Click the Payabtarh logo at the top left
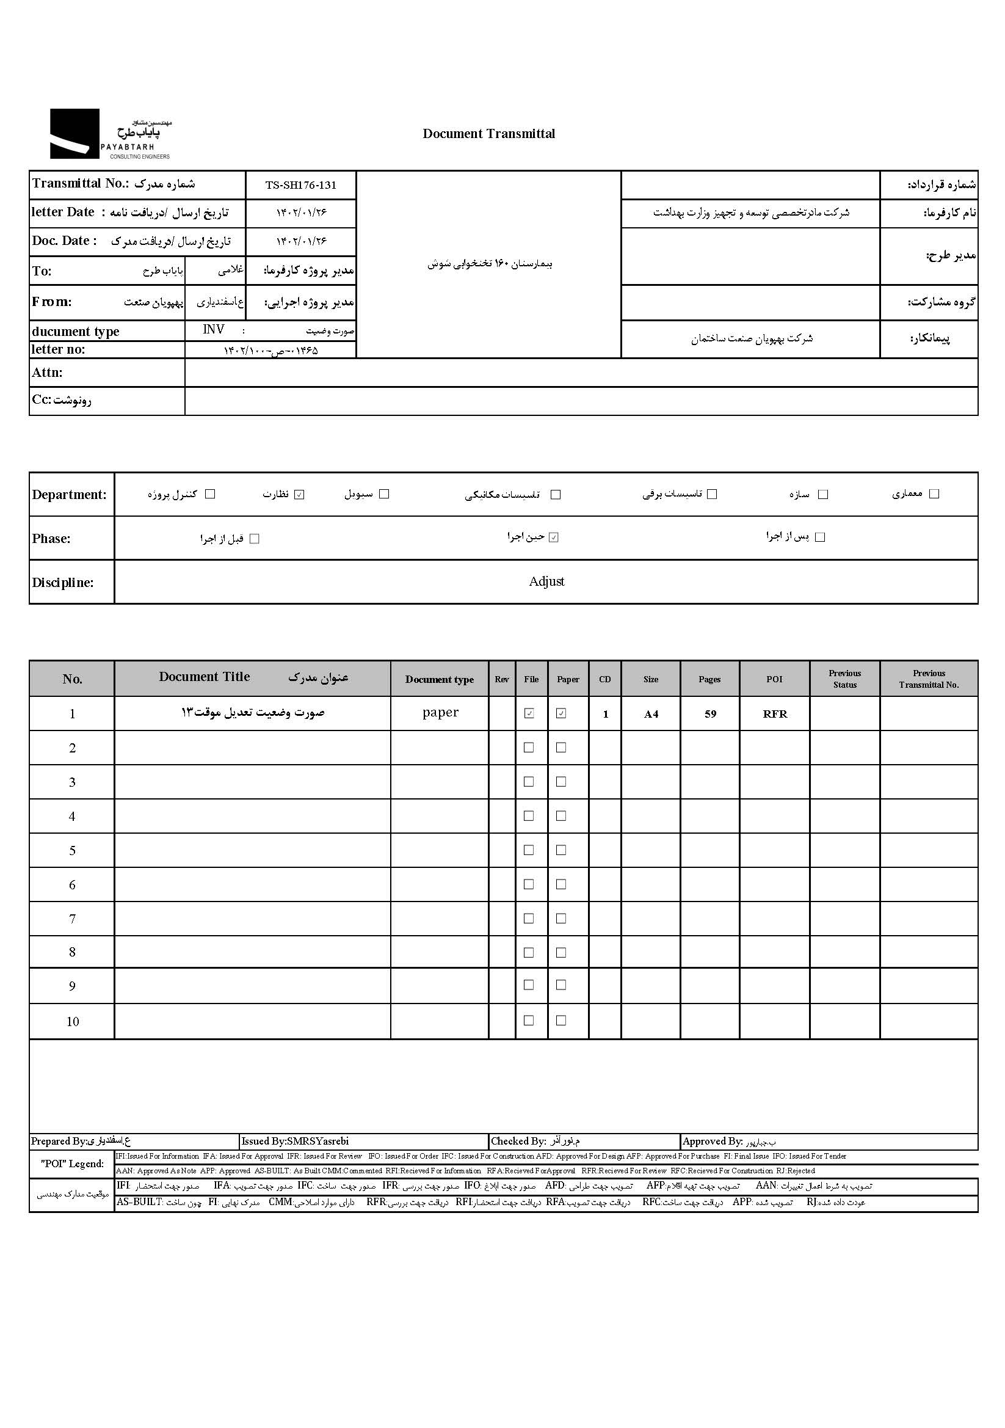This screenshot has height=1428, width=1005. (109, 134)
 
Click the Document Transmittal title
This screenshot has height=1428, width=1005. (488, 134)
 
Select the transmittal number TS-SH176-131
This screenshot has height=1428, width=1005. (300, 185)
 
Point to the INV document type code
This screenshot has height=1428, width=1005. (213, 330)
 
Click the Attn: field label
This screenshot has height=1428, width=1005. (47, 373)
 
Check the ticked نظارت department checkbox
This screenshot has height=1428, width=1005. (299, 495)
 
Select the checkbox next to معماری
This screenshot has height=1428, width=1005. (934, 494)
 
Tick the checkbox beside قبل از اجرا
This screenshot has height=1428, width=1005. (254, 539)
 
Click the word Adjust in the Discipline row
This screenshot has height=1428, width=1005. (546, 581)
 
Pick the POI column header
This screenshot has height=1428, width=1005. (774, 679)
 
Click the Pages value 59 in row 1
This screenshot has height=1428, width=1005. (710, 714)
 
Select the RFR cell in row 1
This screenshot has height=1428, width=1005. (774, 714)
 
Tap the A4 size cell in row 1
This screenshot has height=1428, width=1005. (650, 714)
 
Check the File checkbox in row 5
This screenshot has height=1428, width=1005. (529, 850)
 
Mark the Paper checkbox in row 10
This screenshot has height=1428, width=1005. (561, 1020)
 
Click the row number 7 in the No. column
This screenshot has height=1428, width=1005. (72, 919)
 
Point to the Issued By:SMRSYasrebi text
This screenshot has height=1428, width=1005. (295, 1142)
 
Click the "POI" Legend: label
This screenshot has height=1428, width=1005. (72, 1164)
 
